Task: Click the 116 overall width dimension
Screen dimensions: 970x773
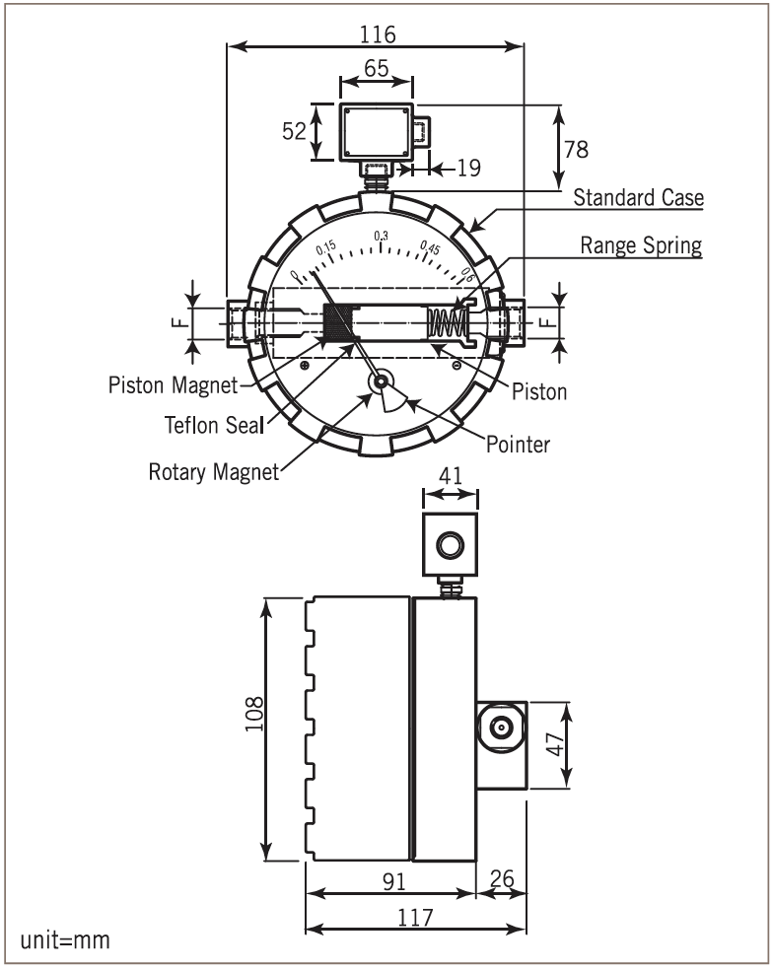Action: (x=377, y=34)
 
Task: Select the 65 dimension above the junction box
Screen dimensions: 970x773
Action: (x=376, y=70)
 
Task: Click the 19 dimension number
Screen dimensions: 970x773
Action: (x=468, y=169)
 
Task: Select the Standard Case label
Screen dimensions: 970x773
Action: (x=639, y=198)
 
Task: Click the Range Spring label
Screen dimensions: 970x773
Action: (x=641, y=245)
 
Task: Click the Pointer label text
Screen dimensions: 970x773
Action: (x=518, y=445)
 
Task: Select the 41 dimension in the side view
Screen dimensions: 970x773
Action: (x=450, y=474)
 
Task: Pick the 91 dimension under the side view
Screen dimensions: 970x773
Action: (x=391, y=880)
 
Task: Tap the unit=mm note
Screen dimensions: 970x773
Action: (x=65, y=940)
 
